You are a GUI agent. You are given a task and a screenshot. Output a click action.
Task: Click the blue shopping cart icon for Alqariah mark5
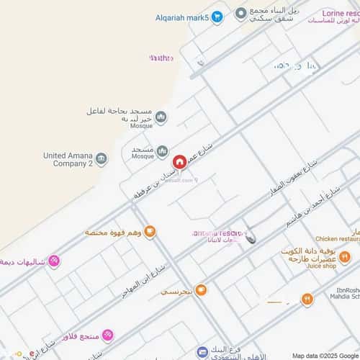pyautogui.click(x=217, y=17)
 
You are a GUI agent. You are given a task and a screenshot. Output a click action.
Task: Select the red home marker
pyautogui.click(x=179, y=161)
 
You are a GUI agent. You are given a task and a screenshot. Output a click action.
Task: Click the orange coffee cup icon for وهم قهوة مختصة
pyautogui.click(x=150, y=232)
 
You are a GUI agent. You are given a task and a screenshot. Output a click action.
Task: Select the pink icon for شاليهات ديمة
pyautogui.click(x=53, y=261)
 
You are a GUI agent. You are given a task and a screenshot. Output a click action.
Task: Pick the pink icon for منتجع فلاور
pyautogui.click(x=107, y=336)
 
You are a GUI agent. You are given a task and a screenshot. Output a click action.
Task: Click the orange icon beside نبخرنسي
pyautogui.click(x=201, y=290)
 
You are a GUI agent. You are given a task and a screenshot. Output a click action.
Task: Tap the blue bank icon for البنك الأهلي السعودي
pyautogui.click(x=202, y=352)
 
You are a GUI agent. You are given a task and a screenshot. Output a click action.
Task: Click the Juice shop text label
pyautogui.click(x=321, y=266)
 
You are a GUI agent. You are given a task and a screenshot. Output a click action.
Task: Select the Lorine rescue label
pyautogui.click(x=338, y=13)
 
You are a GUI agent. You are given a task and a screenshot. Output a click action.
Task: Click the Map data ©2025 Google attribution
pyautogui.click(x=325, y=356)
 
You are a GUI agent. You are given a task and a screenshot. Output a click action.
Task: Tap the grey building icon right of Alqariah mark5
pyautogui.click(x=240, y=14)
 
